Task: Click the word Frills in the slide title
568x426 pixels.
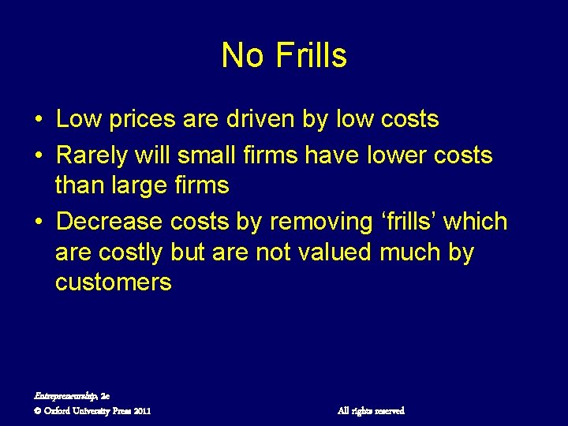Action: (312, 56)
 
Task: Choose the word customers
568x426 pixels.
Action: (113, 282)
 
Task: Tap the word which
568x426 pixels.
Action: (475, 222)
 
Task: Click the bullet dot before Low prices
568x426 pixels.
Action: (39, 120)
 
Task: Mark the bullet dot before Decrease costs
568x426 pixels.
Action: (39, 222)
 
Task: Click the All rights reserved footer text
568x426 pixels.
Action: (371, 410)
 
